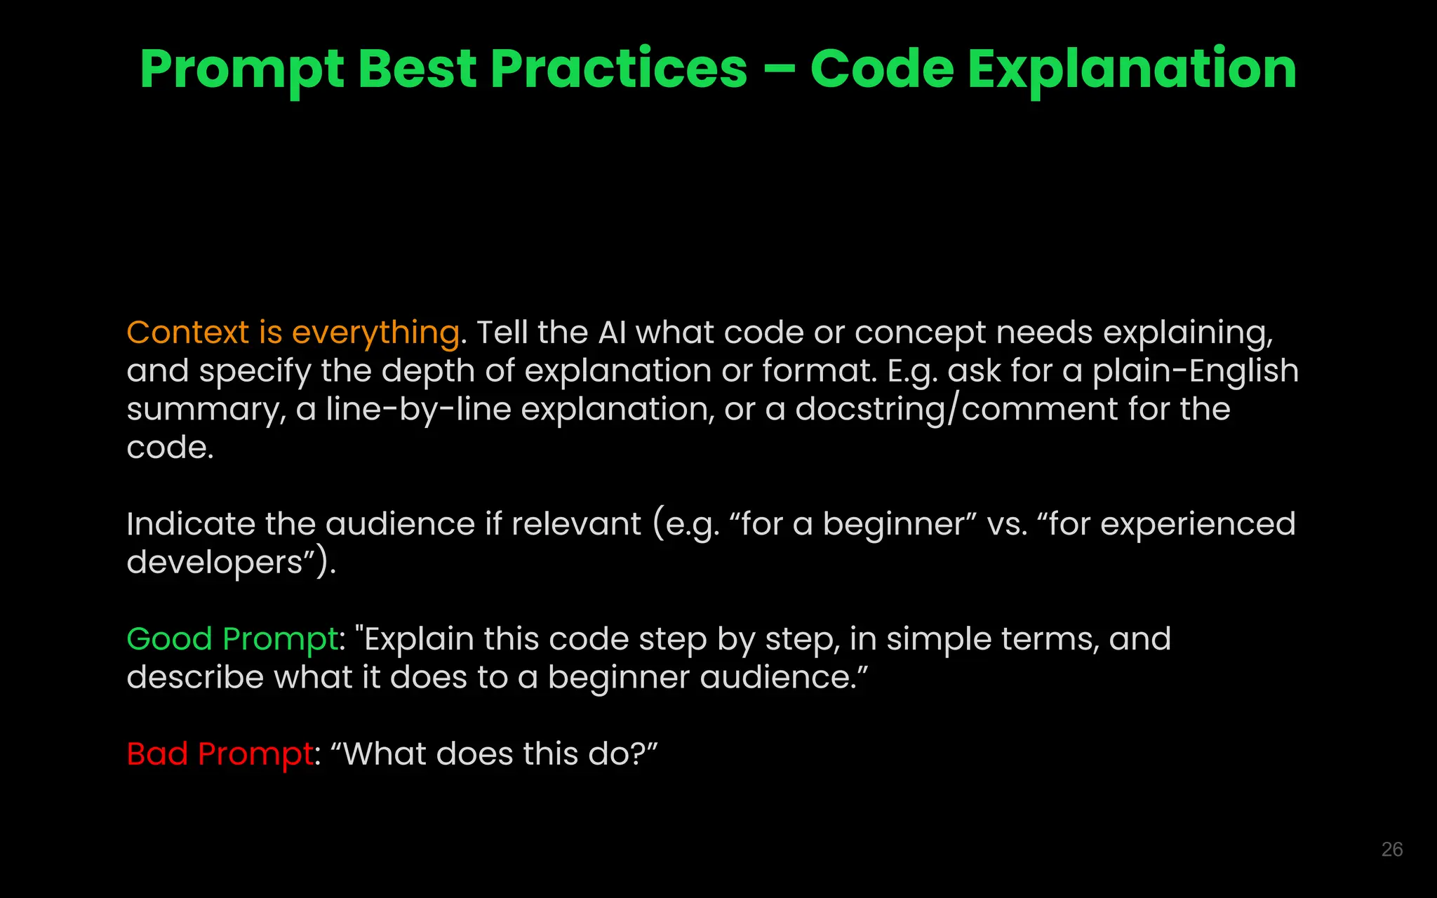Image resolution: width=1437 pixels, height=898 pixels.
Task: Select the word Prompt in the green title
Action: point(241,70)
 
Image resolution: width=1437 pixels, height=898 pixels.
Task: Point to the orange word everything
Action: point(375,333)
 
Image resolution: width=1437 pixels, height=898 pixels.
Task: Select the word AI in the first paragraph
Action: point(612,333)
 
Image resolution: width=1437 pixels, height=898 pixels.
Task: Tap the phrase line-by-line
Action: point(418,410)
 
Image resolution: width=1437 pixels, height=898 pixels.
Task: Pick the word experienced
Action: point(1198,525)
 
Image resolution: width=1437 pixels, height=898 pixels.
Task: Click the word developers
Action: point(215,563)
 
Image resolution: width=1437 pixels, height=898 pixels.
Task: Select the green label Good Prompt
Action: point(232,639)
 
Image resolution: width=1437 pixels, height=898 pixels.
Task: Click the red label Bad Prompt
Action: point(220,754)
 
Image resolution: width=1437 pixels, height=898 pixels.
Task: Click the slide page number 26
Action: point(1391,850)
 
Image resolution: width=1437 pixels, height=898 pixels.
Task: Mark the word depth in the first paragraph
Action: point(428,371)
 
